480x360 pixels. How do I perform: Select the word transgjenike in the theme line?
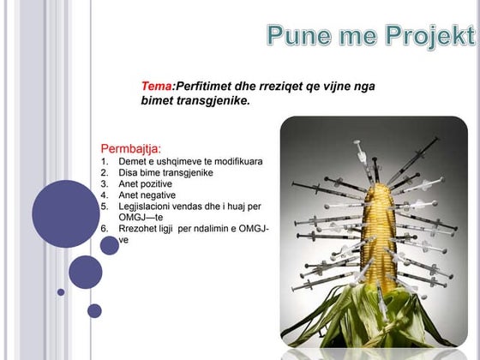(207, 100)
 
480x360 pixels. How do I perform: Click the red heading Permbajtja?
(131, 148)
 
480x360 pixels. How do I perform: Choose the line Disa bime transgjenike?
(165, 172)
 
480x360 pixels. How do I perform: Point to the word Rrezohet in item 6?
(137, 229)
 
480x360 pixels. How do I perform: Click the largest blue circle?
(66, 213)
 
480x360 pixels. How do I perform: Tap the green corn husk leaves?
(377, 317)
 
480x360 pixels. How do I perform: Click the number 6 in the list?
(104, 229)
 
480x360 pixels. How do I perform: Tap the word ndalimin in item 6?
(219, 229)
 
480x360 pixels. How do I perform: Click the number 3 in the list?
(104, 183)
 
